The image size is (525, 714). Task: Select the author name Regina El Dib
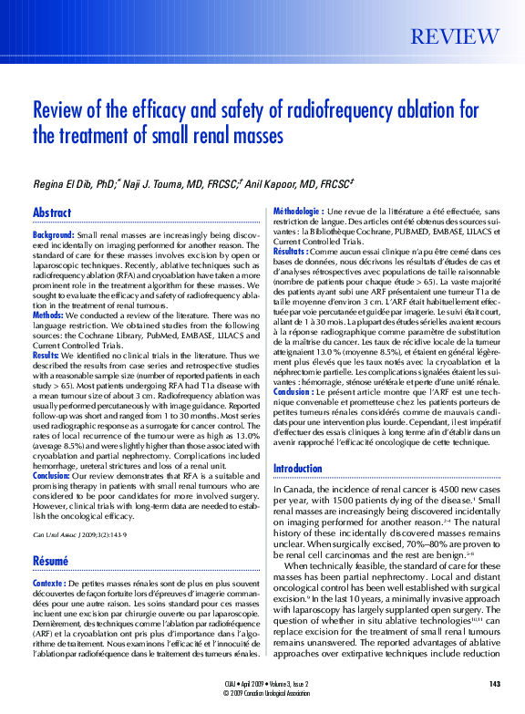(67, 183)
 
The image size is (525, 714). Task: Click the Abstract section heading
(52, 212)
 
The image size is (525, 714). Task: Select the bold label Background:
(54, 235)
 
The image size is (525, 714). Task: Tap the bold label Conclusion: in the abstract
(51, 475)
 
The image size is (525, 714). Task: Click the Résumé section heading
(51, 561)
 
